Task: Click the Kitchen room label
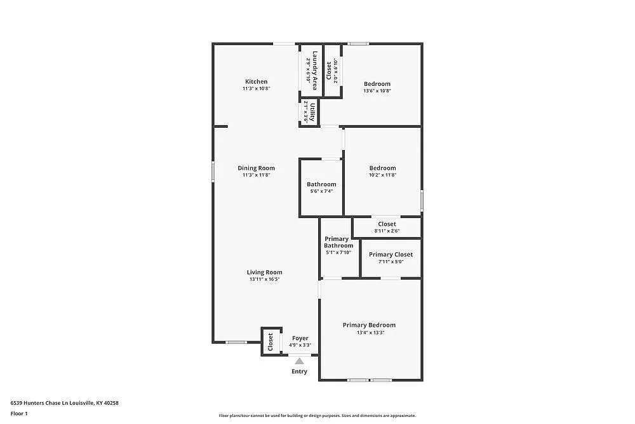(x=257, y=81)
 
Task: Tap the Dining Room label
(x=257, y=168)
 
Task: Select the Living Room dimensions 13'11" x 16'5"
(x=265, y=279)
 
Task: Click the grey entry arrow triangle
(x=299, y=361)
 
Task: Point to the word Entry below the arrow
(x=299, y=371)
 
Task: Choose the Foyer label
(x=300, y=338)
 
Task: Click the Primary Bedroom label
(x=369, y=325)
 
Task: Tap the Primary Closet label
(x=391, y=254)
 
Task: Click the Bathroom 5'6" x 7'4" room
(x=321, y=188)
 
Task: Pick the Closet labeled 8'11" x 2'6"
(x=387, y=227)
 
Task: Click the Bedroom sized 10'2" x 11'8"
(x=382, y=172)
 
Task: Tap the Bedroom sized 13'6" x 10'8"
(x=377, y=86)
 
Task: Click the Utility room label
(x=309, y=112)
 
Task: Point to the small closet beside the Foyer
(x=271, y=341)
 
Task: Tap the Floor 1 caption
(x=19, y=413)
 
